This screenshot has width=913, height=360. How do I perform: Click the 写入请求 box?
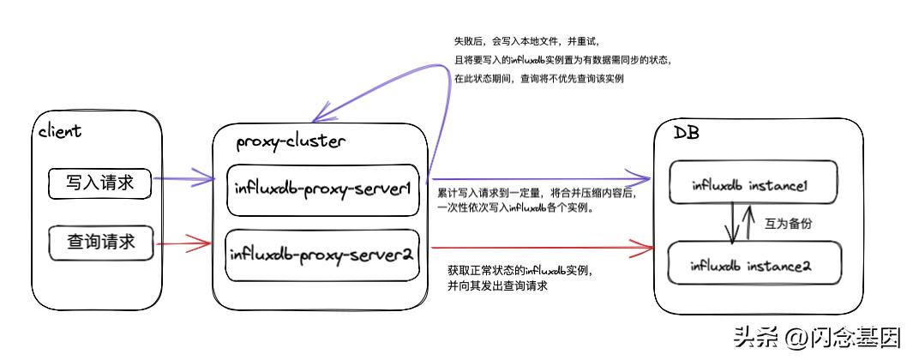pyautogui.click(x=101, y=184)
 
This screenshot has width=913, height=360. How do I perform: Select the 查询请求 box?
pyautogui.click(x=101, y=243)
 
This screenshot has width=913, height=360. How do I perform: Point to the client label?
pyautogui.click(x=60, y=131)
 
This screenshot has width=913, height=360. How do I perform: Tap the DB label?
pyautogui.click(x=686, y=135)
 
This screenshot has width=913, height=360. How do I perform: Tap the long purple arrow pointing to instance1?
pyautogui.click(x=540, y=175)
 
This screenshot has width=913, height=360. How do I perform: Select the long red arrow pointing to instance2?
pyautogui.click(x=540, y=251)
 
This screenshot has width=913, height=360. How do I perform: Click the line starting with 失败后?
pyautogui.click(x=528, y=40)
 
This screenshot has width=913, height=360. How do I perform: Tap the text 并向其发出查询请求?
pyautogui.click(x=498, y=286)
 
